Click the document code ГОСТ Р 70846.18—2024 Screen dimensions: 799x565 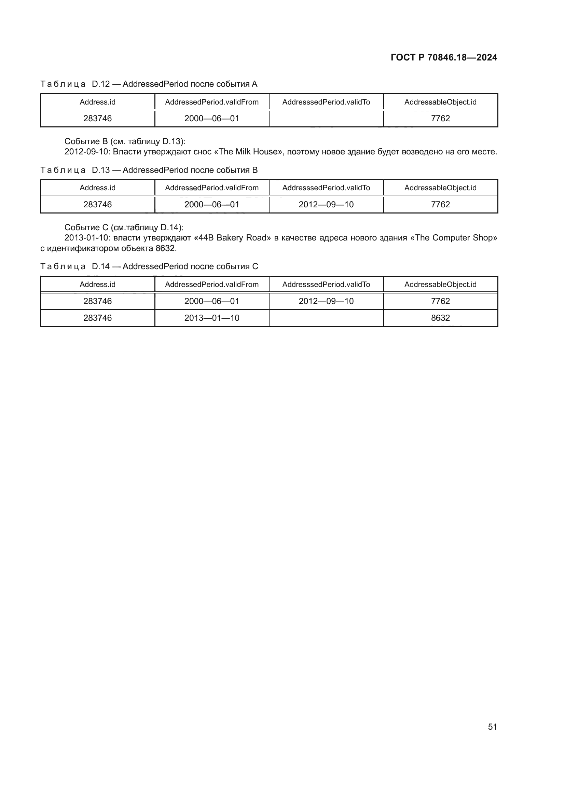tap(444, 57)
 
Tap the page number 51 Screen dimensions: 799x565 tap(492, 727)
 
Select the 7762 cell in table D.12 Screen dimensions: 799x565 tap(440, 119)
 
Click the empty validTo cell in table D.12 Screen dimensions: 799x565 tap(326, 119)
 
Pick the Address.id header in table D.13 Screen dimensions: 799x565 tap(97, 188)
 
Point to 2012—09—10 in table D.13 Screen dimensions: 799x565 tap(326, 205)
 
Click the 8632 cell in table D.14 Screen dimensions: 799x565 tap(440, 318)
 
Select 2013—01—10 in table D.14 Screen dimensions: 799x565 tap(211, 318)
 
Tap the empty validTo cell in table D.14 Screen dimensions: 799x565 tap(326, 318)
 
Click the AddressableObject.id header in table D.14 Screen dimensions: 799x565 tap(440, 285)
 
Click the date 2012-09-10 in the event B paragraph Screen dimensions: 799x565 tap(87, 152)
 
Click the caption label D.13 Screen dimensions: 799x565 tap(100, 170)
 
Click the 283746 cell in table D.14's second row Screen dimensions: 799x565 tap(97, 318)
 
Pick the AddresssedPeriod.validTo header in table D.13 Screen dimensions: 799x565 tap(326, 188)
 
